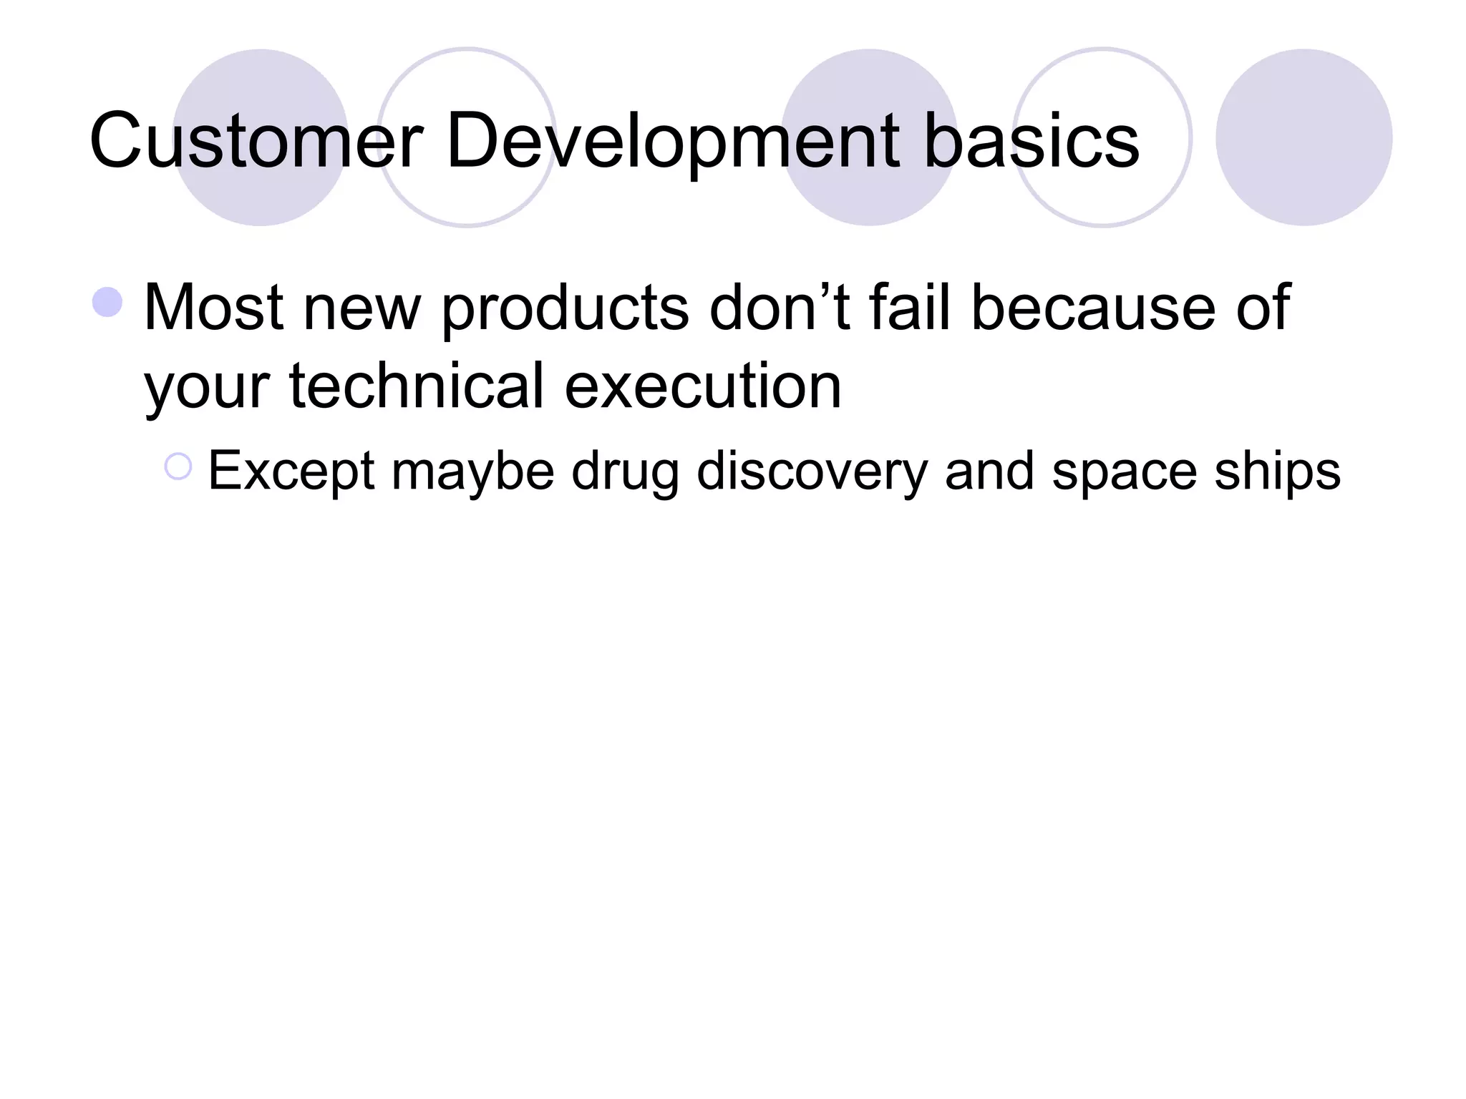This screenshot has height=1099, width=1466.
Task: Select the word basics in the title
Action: (x=1031, y=141)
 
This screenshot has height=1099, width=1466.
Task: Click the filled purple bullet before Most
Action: (x=107, y=303)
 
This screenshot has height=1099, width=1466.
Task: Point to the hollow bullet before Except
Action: (x=178, y=467)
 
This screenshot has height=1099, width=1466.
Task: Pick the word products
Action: (x=565, y=309)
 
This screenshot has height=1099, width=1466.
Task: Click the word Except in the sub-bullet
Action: (x=291, y=472)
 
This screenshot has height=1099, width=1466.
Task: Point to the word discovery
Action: (x=812, y=472)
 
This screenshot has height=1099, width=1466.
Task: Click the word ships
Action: (x=1277, y=472)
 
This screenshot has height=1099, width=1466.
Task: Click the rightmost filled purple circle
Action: (x=1304, y=137)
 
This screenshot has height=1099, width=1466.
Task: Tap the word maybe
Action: (x=472, y=472)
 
